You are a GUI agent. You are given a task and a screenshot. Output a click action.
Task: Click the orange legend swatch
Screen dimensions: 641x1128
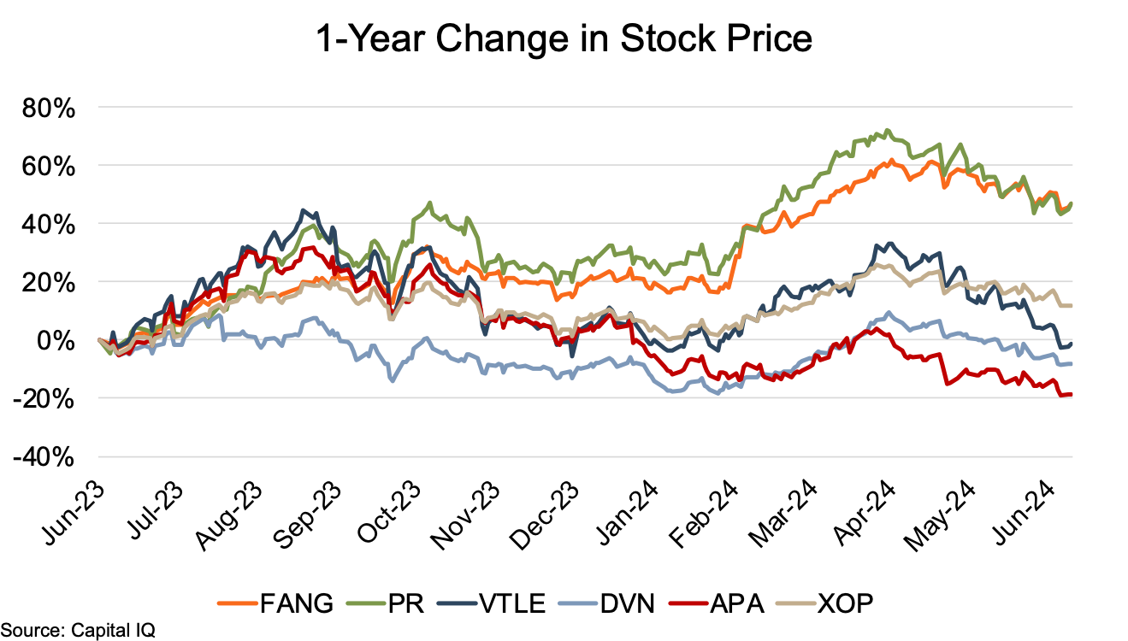(237, 603)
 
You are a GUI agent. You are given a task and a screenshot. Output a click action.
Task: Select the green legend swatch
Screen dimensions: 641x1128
(366, 603)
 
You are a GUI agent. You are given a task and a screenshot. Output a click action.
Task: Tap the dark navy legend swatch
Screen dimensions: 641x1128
(457, 603)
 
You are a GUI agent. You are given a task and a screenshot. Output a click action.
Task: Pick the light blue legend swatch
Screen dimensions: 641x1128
(578, 603)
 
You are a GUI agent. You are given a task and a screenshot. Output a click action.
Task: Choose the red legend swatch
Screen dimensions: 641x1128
(688, 603)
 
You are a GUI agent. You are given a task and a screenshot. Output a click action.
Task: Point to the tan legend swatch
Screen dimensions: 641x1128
(795, 603)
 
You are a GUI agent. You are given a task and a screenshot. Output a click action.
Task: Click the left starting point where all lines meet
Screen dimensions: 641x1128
(99, 339)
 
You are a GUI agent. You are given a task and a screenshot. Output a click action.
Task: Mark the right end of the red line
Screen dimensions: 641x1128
(1072, 394)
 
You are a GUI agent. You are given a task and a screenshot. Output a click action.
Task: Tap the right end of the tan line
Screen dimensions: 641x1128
(1072, 305)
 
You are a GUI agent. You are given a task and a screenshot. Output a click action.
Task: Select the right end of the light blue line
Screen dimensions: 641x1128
(1072, 364)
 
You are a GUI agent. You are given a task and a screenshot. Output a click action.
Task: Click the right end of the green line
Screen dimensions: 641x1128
(1072, 203)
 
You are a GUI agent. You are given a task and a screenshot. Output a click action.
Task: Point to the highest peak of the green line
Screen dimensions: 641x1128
(888, 130)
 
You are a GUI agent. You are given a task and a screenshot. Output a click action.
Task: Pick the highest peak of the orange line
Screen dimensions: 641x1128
(891, 160)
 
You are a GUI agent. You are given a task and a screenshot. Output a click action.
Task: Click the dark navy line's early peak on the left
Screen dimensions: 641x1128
(304, 210)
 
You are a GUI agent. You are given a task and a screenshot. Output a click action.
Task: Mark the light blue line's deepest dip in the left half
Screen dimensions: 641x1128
(392, 380)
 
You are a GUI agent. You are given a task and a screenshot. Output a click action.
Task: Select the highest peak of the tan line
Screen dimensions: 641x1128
(879, 265)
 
